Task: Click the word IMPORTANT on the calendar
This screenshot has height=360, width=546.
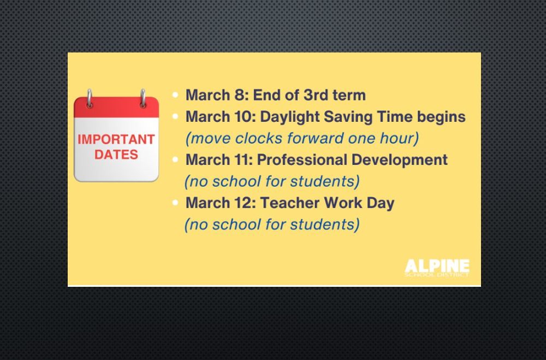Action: pyautogui.click(x=116, y=139)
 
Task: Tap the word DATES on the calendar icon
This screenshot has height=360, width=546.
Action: pyautogui.click(x=116, y=155)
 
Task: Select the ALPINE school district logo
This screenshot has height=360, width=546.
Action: pyautogui.click(x=437, y=268)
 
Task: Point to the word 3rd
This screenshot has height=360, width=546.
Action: pyautogui.click(x=316, y=95)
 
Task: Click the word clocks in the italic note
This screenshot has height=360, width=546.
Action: pyautogui.click(x=259, y=138)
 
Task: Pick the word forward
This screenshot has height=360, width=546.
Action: pyautogui.click(x=315, y=138)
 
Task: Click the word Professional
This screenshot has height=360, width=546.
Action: pyautogui.click(x=302, y=160)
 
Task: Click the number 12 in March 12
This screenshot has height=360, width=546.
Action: pyautogui.click(x=244, y=203)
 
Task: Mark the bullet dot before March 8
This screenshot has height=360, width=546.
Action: pyautogui.click(x=175, y=95)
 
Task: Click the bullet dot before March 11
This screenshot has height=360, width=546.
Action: pyautogui.click(x=175, y=160)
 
